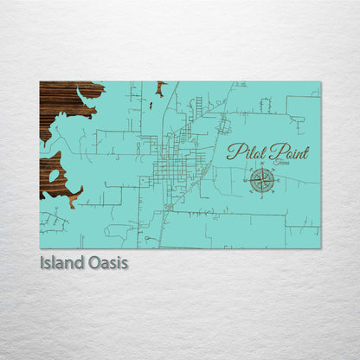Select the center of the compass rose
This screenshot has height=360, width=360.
(x=263, y=179)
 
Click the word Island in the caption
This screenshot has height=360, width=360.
(x=61, y=262)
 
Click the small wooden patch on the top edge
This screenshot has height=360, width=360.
(x=161, y=86)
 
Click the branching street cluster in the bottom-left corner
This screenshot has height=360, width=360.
(x=54, y=222)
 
